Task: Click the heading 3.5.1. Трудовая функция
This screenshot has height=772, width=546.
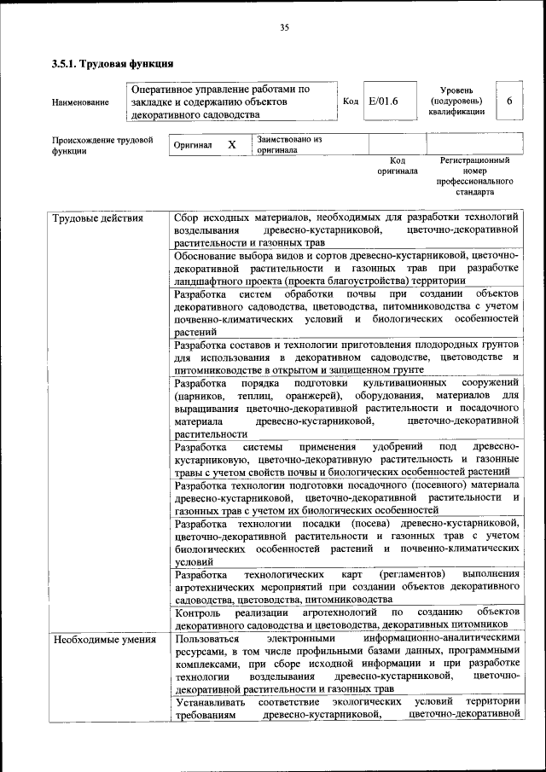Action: point(113,63)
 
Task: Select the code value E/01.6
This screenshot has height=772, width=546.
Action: point(383,102)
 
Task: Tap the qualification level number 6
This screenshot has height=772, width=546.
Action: point(509,102)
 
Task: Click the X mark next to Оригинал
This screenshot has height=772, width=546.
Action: point(231,145)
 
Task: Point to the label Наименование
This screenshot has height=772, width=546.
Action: point(80,102)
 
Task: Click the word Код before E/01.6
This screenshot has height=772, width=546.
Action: point(350,102)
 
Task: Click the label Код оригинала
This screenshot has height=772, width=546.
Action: point(398,165)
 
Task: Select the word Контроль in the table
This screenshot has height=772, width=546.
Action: point(197,612)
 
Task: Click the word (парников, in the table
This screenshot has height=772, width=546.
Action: point(200,397)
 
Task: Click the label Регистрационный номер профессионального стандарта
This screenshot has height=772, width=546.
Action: point(475,176)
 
